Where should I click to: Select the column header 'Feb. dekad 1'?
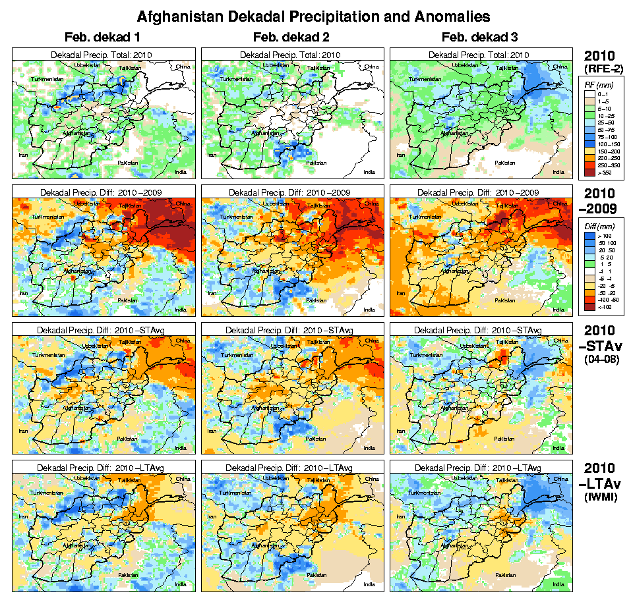(102, 37)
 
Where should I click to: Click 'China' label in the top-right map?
(560, 67)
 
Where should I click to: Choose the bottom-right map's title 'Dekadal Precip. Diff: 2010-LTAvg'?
(481, 467)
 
